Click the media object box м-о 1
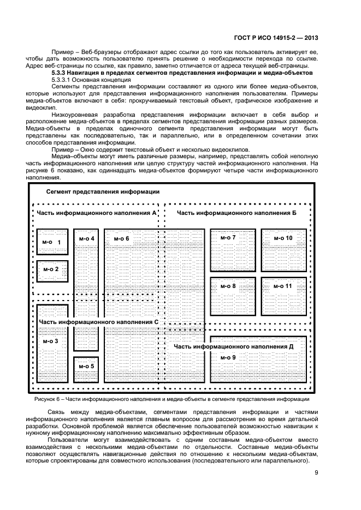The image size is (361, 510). click(x=52, y=242)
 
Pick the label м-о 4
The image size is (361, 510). click(x=86, y=238)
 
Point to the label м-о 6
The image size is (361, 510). click(x=121, y=238)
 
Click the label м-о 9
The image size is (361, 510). click(x=228, y=357)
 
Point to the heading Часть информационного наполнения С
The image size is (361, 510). click(x=99, y=322)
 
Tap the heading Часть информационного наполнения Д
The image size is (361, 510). click(x=234, y=346)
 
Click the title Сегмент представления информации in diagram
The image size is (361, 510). click(x=103, y=191)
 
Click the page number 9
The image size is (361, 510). click(x=316, y=473)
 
